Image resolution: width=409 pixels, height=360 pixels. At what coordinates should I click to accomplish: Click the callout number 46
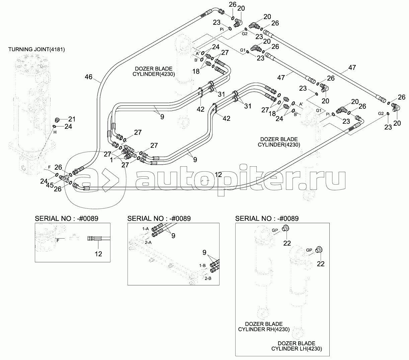[x=88, y=77]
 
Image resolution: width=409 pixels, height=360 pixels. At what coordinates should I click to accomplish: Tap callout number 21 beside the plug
[x=72, y=119]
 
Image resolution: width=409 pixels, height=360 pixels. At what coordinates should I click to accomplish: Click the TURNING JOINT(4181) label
[x=37, y=49]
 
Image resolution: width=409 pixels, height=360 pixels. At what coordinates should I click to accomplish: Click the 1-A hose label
[x=145, y=229]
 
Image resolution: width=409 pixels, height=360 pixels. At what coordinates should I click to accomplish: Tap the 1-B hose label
[x=202, y=265]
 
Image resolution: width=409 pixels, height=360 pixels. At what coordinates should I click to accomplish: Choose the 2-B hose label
[x=208, y=278]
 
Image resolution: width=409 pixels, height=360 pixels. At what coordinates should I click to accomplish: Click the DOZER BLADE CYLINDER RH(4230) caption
[x=264, y=327]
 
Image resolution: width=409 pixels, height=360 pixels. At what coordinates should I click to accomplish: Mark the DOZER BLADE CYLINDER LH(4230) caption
[x=296, y=346]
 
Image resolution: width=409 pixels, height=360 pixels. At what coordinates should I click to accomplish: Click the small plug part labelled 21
[x=58, y=119]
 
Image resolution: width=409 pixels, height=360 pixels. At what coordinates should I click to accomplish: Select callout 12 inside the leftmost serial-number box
[x=98, y=254]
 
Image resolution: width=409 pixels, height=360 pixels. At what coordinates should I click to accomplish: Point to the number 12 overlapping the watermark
[x=218, y=174]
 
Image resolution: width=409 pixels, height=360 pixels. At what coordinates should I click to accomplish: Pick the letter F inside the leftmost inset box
[x=58, y=240]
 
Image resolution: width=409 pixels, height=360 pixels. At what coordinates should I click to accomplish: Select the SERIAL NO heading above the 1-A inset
[x=159, y=218]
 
